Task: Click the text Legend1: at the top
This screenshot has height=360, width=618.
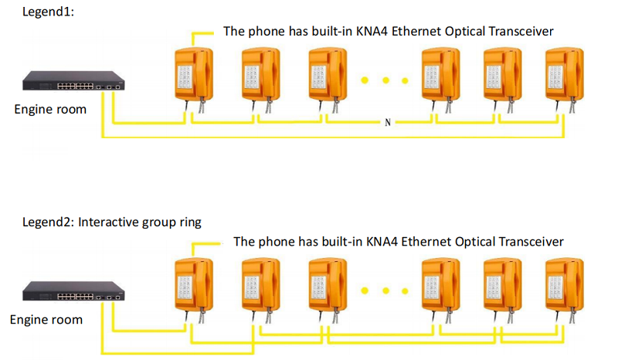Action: click(x=49, y=12)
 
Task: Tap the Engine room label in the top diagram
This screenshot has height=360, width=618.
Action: click(x=50, y=109)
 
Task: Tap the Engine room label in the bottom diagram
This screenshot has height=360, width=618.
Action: click(x=46, y=319)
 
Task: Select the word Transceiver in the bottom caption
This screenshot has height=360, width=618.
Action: click(x=532, y=242)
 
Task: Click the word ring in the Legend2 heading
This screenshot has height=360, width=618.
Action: click(x=188, y=222)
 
